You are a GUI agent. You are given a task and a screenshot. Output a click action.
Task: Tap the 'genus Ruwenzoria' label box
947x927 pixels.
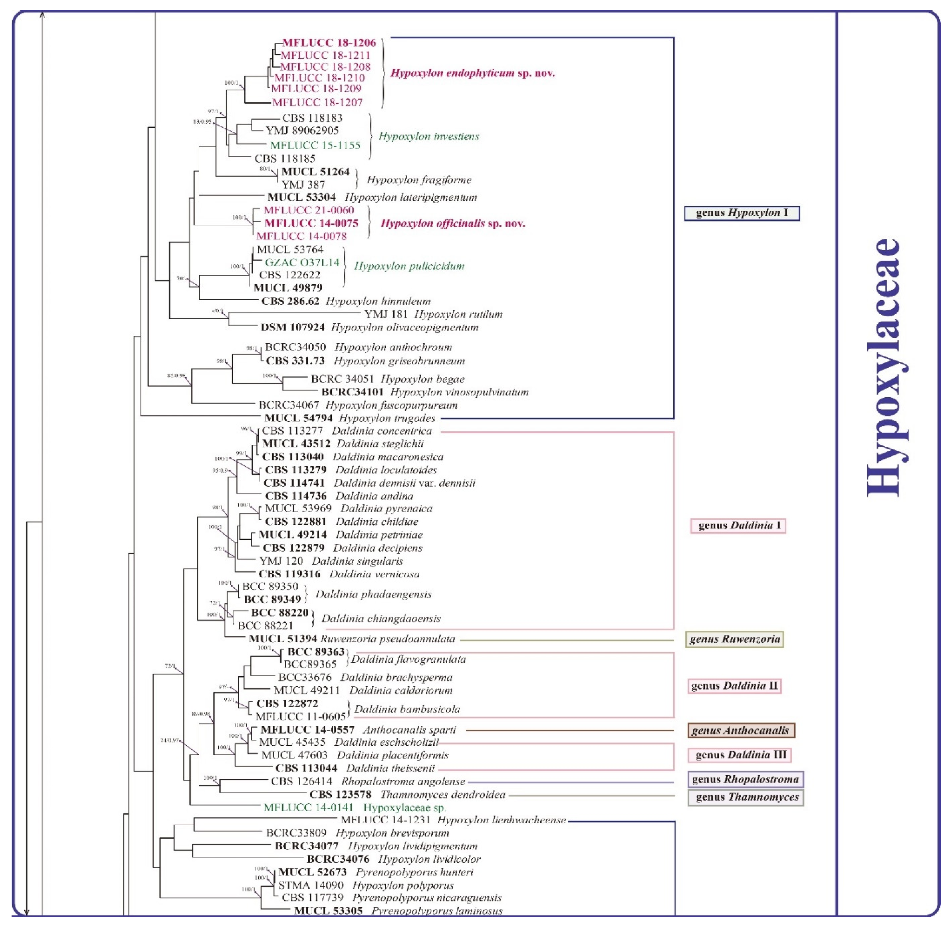tap(734, 639)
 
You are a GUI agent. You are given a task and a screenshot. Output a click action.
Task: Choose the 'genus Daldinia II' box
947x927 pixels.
tap(734, 686)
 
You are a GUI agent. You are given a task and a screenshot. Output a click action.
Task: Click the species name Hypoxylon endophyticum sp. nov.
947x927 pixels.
tap(472, 73)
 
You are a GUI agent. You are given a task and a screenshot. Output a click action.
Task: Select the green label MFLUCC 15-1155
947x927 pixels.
tap(315, 145)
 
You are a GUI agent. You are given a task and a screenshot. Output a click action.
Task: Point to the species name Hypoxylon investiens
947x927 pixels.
tap(428, 136)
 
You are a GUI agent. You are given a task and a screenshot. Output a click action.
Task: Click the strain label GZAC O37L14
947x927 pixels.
tap(302, 263)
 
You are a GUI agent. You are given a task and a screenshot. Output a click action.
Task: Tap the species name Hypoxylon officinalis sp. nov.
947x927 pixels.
tap(453, 223)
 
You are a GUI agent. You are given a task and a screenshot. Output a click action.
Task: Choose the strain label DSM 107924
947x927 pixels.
tap(293, 327)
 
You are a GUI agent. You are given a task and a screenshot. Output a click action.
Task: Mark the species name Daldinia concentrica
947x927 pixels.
tap(382, 431)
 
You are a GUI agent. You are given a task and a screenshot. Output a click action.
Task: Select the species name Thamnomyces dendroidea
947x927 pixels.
tap(443, 795)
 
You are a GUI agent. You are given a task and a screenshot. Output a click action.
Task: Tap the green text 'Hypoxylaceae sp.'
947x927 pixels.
tap(405, 808)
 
